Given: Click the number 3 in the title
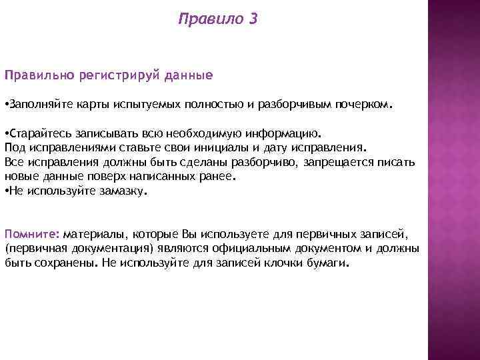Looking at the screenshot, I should tap(251, 20).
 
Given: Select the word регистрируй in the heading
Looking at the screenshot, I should tap(111, 76).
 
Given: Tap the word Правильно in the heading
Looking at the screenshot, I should tap(35, 76).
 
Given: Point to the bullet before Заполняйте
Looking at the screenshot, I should tap(6, 105).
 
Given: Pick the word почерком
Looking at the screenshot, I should tap(370, 105).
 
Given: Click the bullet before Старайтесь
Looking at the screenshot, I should tap(6, 133).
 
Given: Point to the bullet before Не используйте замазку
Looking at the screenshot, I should tap(6, 191).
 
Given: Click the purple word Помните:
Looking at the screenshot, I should tap(32, 234).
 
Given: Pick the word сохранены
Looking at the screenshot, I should tap(67, 263).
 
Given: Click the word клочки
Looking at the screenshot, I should tap(301, 263).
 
